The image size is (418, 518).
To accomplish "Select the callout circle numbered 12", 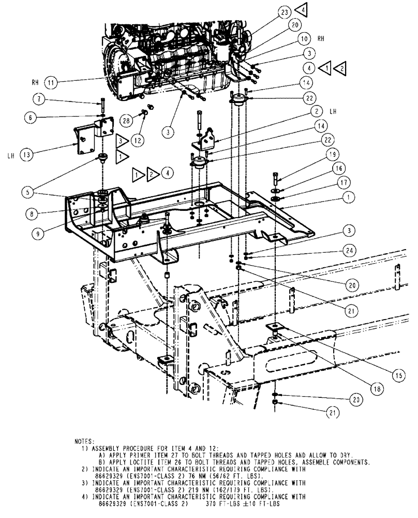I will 138,140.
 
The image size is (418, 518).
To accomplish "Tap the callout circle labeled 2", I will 314,110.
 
